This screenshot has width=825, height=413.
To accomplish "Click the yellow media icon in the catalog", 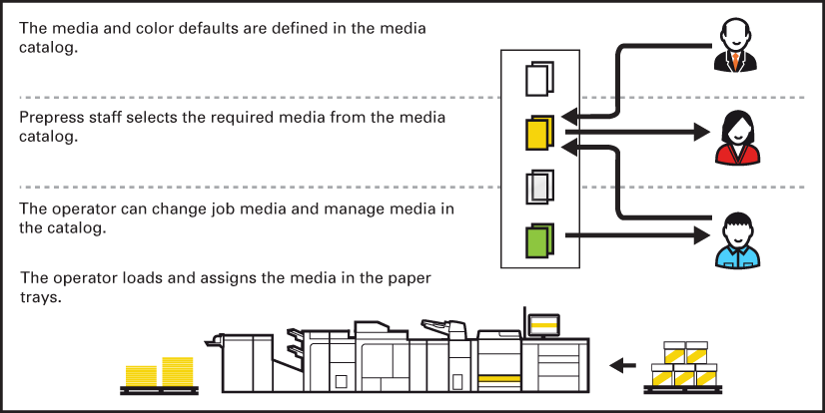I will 538,134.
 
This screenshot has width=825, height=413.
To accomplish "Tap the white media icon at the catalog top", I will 538,80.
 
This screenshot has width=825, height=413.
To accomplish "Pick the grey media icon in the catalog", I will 538,187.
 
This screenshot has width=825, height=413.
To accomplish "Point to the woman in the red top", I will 736,137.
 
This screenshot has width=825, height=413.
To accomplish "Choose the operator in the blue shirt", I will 737,241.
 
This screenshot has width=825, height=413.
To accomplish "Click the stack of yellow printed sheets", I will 160,373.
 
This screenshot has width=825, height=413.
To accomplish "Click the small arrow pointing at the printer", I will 622,366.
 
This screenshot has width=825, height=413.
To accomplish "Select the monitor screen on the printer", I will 544,325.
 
